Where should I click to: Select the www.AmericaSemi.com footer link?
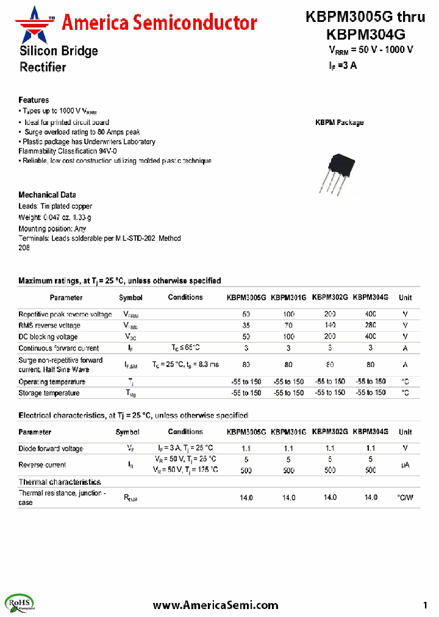215,605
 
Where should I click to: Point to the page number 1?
425,605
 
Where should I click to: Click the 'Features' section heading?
34,100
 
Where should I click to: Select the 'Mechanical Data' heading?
47,194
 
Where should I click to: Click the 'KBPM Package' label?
339,123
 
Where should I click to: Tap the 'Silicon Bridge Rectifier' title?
58,59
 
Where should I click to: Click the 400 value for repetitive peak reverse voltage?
370,314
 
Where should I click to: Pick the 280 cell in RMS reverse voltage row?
370,326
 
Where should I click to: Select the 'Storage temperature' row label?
49,393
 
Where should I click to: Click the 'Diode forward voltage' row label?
51,449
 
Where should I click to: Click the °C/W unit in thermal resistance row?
405,498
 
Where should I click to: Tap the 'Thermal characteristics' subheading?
59,482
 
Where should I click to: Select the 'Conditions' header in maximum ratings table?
185,298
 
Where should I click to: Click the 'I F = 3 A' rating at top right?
343,65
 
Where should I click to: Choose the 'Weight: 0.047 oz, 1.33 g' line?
55,217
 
